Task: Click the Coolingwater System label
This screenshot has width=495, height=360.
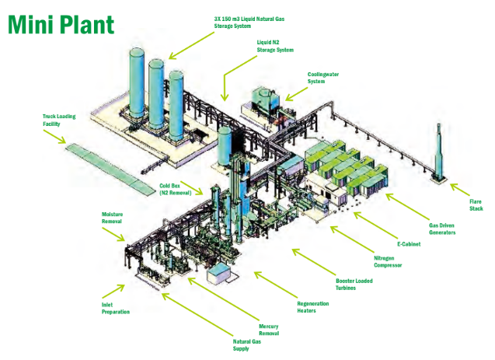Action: (x=325, y=78)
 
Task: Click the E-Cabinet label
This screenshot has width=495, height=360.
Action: (x=410, y=245)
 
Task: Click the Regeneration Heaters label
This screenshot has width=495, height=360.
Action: (x=313, y=306)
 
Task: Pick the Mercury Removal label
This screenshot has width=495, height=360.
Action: (x=268, y=330)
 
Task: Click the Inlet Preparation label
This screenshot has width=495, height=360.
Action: (x=116, y=308)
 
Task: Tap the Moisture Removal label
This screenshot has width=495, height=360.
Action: (x=113, y=217)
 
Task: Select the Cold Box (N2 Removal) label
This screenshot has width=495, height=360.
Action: (x=175, y=189)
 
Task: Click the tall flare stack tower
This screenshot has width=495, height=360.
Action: (x=439, y=152)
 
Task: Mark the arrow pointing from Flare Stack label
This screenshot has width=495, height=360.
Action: (x=459, y=189)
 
